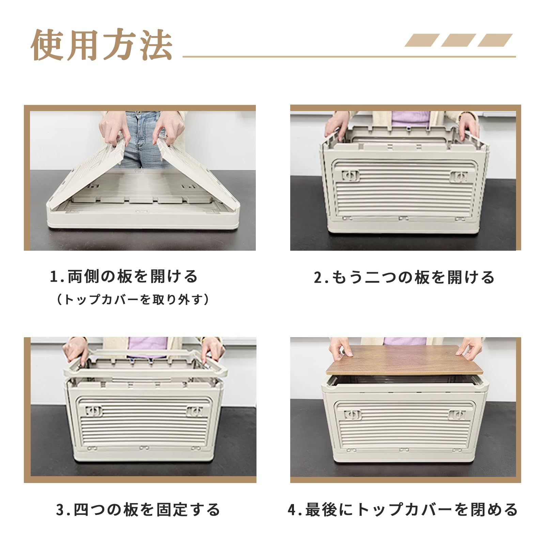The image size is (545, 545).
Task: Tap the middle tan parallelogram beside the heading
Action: coord(458,40)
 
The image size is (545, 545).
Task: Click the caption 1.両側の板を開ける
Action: coord(123,277)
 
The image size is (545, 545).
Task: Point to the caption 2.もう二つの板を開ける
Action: coord(404,277)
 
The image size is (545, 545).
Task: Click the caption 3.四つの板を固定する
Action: coord(138,510)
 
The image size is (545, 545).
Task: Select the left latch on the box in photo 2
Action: coord(351,175)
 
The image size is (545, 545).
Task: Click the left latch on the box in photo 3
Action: coord(94,411)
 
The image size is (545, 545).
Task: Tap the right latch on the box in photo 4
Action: coord(456,415)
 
